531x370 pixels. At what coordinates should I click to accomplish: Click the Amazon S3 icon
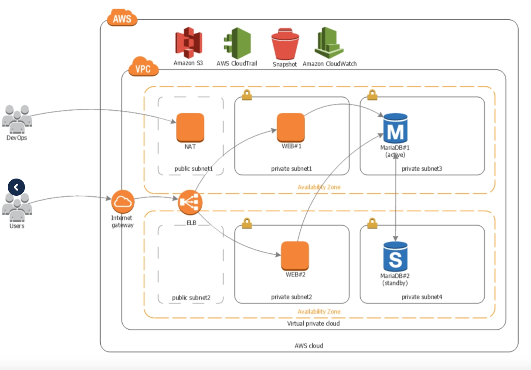[188, 43]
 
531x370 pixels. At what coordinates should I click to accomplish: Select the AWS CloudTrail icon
[237, 43]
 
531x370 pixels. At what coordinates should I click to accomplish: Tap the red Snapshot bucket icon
[284, 46]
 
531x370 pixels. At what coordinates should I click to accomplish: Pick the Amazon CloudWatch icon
[329, 43]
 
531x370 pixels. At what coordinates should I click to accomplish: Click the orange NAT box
[190, 127]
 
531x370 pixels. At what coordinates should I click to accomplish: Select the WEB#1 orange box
[290, 127]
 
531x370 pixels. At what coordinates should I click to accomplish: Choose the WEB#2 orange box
[295, 255]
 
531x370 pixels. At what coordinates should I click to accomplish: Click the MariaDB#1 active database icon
[395, 128]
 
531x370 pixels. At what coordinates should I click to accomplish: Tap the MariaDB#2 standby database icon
[395, 256]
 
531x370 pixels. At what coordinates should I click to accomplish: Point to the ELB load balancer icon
[190, 202]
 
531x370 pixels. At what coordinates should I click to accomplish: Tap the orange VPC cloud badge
[143, 68]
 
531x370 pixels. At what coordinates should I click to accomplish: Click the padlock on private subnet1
[247, 96]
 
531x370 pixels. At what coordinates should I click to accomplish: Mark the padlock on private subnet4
[372, 223]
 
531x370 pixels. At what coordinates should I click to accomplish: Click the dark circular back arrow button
[16, 187]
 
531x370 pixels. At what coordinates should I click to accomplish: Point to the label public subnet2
[191, 297]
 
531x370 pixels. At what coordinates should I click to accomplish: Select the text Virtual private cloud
[313, 323]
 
